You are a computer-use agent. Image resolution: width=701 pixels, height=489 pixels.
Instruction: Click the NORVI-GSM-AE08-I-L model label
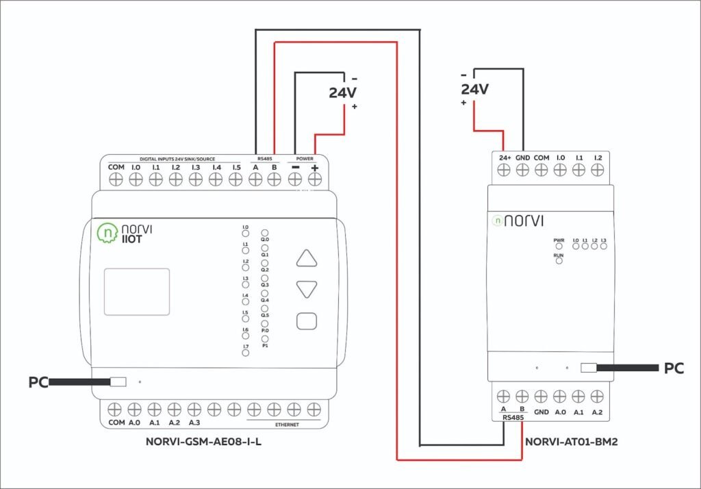[x=204, y=442]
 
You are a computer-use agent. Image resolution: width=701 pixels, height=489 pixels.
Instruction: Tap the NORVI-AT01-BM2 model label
[x=572, y=442]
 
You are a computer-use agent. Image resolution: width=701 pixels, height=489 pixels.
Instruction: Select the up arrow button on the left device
[x=307, y=258]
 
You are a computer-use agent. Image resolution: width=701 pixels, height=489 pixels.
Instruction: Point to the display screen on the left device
[x=136, y=292]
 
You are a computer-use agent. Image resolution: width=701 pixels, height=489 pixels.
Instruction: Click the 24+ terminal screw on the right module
[x=504, y=171]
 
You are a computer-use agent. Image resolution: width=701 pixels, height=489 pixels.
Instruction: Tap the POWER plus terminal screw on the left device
[x=315, y=179]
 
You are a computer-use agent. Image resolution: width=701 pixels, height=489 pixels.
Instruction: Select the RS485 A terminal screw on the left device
[x=255, y=179]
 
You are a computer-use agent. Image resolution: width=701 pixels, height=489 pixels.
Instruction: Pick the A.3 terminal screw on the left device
[x=194, y=409]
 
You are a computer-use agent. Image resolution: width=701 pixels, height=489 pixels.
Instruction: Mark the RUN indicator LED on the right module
[x=559, y=261]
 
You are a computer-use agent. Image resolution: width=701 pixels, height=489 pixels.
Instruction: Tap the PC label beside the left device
[x=38, y=381]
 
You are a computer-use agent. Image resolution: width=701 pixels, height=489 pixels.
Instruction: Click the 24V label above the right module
[x=475, y=89]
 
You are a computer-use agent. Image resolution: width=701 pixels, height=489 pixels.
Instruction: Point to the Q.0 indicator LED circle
[x=265, y=234]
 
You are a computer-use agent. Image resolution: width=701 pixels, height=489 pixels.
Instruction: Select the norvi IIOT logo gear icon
[x=107, y=234]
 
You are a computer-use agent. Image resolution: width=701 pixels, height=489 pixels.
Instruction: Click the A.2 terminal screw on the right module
[x=597, y=396]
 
